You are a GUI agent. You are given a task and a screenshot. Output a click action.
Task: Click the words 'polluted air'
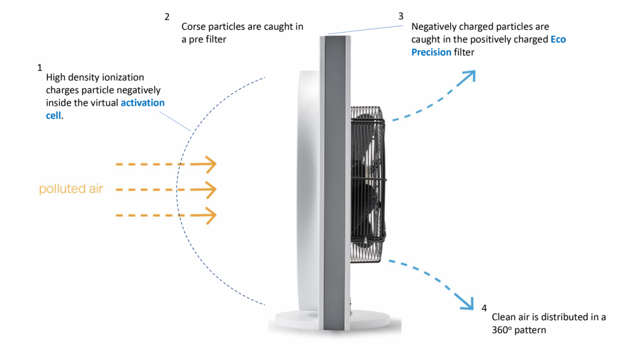(71, 189)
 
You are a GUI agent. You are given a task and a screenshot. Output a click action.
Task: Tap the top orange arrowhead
(209, 164)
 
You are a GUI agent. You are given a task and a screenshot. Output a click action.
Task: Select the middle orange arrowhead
(209, 190)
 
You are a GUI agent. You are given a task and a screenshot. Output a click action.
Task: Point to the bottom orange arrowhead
(209, 216)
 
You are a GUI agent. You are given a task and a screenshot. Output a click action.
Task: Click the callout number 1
(39, 67)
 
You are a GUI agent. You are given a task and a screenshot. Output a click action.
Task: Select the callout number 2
(167, 17)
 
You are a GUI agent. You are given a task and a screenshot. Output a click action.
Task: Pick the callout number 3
(401, 16)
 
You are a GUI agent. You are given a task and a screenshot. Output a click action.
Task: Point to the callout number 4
(484, 308)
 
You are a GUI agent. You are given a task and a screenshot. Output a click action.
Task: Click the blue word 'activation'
(142, 102)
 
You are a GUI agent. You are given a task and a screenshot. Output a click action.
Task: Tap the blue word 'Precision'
(431, 52)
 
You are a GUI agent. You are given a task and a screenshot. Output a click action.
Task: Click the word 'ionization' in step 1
(125, 77)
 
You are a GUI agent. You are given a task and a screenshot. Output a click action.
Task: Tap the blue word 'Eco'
(558, 39)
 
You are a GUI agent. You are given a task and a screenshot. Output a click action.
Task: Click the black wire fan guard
(367, 184)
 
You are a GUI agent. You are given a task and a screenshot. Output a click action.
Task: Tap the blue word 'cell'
(54, 116)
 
